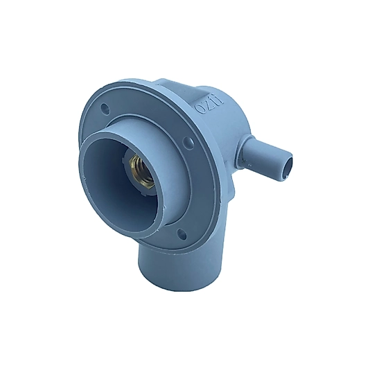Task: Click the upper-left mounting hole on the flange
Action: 105,109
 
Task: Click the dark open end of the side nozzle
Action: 290,166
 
